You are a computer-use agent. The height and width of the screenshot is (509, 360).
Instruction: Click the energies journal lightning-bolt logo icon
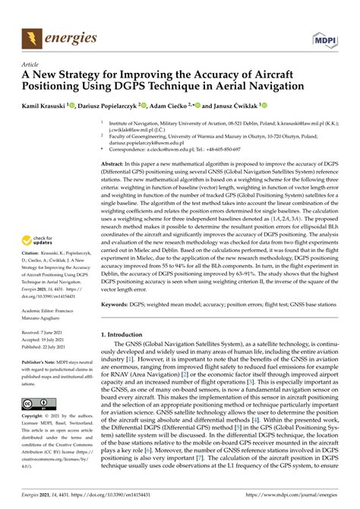coord(33,36)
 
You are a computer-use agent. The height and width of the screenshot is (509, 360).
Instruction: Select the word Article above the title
coord(31,65)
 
